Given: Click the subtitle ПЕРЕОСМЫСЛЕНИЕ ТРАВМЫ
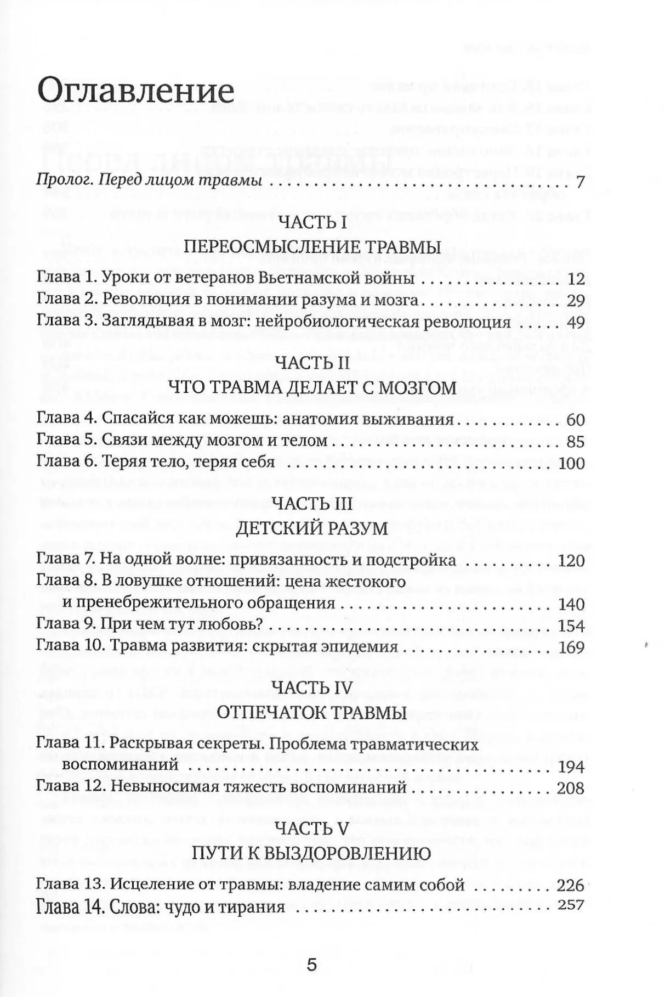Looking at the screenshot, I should coord(312,246).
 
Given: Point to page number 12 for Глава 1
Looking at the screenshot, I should coord(577,279).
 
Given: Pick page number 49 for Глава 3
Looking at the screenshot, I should coord(576,323).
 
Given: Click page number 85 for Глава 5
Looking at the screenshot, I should coord(576,441).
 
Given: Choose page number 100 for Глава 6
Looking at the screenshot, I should coord(572,463).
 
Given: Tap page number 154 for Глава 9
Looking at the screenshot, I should coord(571,626).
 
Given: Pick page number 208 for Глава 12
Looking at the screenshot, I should coord(570,788).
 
